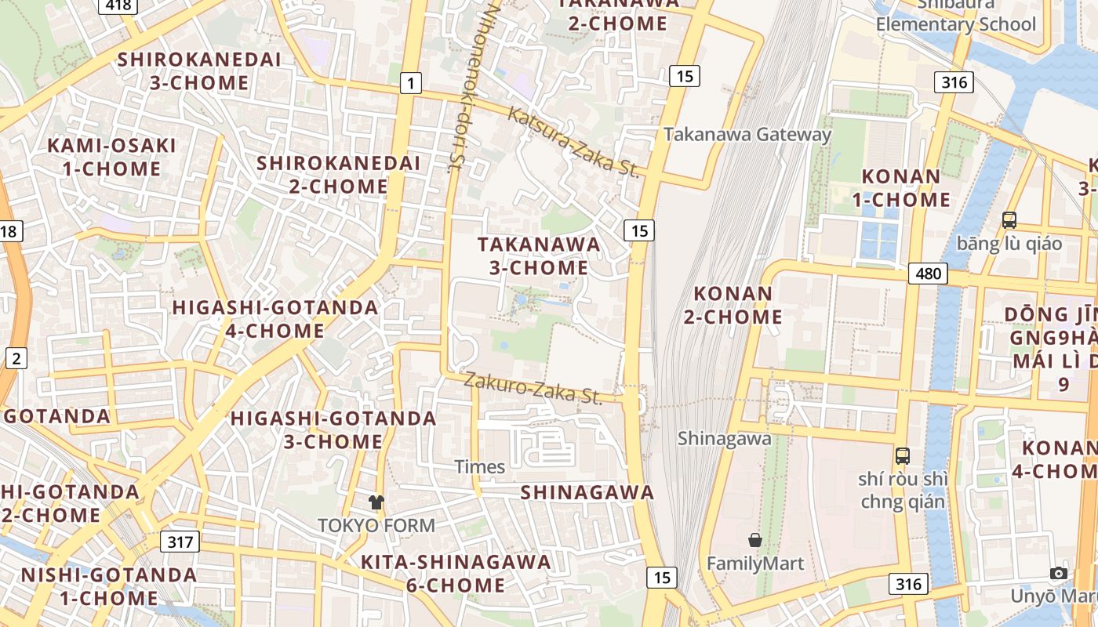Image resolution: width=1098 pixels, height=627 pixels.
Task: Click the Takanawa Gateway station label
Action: click(747, 135)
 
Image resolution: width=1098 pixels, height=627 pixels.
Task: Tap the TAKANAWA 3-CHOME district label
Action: click(539, 256)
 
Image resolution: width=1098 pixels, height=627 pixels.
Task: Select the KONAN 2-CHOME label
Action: click(738, 305)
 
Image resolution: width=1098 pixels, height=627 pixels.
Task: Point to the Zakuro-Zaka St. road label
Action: click(533, 387)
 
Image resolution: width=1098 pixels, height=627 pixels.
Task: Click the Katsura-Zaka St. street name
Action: click(573, 142)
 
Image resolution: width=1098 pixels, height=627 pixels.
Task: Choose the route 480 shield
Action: click(929, 274)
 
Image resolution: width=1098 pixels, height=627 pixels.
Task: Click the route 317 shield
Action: click(180, 542)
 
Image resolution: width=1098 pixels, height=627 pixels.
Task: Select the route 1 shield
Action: click(410, 82)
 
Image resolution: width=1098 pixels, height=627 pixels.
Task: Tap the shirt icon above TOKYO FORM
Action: click(376, 502)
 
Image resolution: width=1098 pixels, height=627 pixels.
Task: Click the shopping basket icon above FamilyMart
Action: click(755, 540)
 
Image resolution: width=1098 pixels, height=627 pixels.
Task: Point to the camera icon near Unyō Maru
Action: click(1059, 573)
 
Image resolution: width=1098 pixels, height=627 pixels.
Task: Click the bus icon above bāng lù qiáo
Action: click(1009, 220)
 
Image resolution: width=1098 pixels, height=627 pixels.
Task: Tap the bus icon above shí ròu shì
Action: click(903, 455)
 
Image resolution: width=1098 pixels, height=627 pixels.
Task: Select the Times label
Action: click(480, 467)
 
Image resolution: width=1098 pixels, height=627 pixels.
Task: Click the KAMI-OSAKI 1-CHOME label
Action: click(111, 157)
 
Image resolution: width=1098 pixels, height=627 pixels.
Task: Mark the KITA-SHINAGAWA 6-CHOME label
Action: click(456, 573)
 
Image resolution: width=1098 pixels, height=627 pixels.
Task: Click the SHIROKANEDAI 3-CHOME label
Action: click(198, 71)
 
